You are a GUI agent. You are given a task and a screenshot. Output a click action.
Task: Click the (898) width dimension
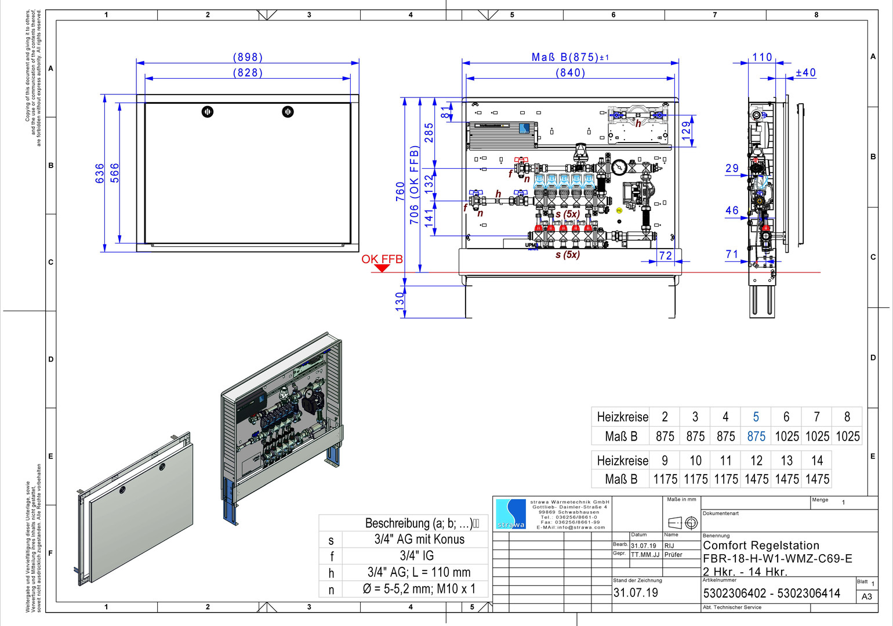pos(248,57)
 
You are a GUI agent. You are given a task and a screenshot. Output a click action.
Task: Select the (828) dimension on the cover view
pos(248,73)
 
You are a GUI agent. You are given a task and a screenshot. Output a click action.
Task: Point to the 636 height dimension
pos(100,173)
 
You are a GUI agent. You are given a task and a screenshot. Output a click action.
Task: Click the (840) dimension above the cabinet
pos(571,73)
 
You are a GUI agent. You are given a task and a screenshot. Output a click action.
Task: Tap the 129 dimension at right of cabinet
pos(687,129)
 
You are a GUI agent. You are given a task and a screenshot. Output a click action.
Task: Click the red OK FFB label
pos(382,259)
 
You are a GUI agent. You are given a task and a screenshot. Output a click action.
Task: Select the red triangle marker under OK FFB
pos(382,268)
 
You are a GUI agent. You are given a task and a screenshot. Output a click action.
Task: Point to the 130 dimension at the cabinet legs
pos(400,301)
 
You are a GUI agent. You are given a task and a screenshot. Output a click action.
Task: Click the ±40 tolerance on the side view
pos(805,73)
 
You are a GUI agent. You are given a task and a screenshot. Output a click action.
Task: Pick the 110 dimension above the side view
pos(762,57)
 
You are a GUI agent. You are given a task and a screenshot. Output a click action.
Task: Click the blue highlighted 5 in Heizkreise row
pos(756,417)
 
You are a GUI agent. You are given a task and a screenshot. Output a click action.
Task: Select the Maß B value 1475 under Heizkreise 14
pos(817,479)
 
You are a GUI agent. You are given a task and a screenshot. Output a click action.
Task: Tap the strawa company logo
pos(510,514)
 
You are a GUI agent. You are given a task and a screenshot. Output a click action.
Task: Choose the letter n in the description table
pos(331,590)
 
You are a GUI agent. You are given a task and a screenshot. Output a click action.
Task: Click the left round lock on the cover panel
pos(208,112)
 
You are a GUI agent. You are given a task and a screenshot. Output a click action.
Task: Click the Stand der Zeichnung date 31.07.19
pos(636,593)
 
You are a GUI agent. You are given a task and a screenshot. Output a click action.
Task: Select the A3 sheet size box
pos(866,596)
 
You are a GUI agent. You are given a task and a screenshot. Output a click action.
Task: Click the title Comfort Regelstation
pos(761,545)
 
